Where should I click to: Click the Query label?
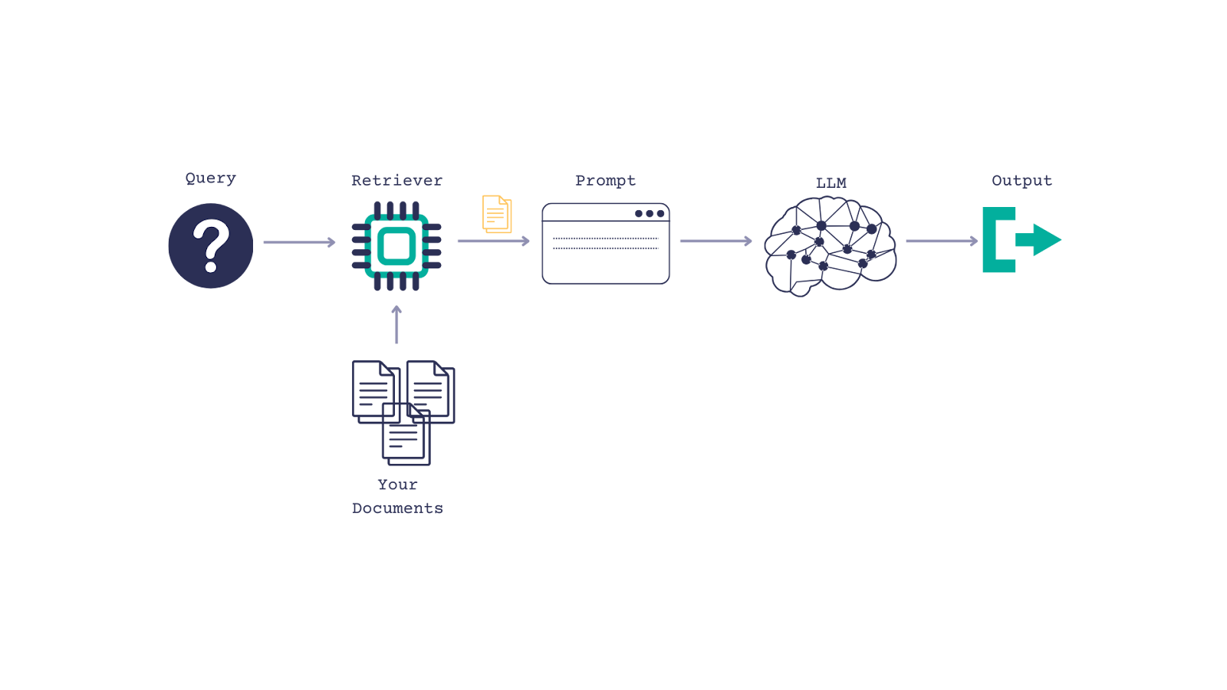210,179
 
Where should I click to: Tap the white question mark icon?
211,245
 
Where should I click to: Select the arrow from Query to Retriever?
299,242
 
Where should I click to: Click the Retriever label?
396,181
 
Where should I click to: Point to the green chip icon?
396,246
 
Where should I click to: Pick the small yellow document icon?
497,214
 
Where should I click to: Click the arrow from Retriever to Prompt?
493,241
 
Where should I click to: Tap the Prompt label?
605,181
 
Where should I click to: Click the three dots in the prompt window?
650,214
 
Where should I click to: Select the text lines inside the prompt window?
606,244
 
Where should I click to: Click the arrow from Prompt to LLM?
715,241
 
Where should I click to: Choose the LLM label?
831,183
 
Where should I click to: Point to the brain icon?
831,245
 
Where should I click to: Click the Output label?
1021,181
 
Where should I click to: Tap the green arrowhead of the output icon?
1044,240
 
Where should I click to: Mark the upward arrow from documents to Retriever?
396,324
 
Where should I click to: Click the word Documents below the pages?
397,508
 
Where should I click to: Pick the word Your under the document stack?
397,485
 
